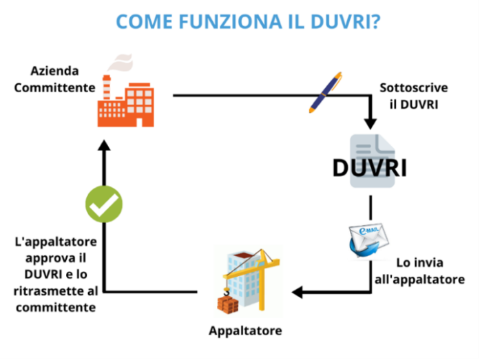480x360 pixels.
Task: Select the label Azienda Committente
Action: (x=54, y=79)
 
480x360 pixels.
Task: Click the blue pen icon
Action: (x=324, y=92)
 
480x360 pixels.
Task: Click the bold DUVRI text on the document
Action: (x=369, y=167)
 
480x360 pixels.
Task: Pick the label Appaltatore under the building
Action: (x=245, y=331)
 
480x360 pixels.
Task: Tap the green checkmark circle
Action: (x=103, y=204)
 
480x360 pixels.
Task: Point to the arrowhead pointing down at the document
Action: (x=371, y=124)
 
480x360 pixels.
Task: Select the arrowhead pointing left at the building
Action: (x=298, y=292)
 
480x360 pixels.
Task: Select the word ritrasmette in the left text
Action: (x=43, y=290)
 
